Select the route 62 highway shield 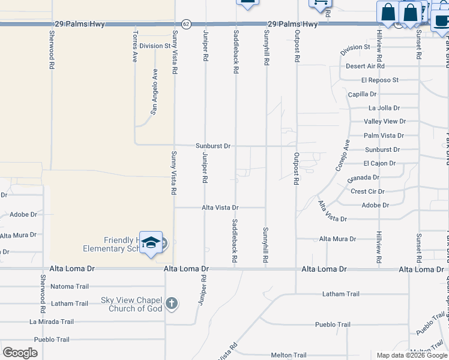tap(187, 24)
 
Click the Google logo tap(20, 353)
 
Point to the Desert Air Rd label tap(364, 66)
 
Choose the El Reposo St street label tap(380, 80)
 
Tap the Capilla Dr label tap(362, 94)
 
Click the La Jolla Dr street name tap(384, 108)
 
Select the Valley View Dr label tap(385, 122)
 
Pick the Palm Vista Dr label tap(384, 136)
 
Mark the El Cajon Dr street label tap(379, 163)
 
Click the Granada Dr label tap(363, 178)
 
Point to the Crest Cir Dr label tap(367, 191)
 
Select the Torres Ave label tap(135, 44)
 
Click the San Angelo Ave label tap(154, 91)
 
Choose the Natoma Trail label tap(70, 286)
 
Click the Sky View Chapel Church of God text tap(132, 304)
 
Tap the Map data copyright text tap(411, 355)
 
